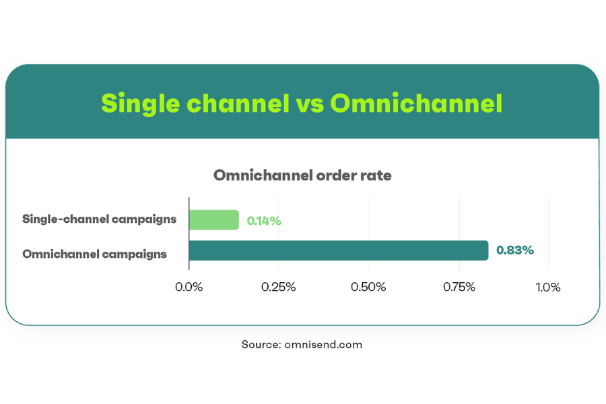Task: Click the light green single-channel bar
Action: coord(214,220)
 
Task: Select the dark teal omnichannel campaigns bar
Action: coord(339,250)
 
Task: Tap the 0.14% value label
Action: coord(264,221)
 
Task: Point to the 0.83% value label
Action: coord(515,250)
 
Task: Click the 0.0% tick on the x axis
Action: coord(189,287)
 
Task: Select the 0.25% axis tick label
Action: coord(278,287)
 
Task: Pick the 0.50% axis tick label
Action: coord(368,287)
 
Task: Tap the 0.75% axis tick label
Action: coord(459,287)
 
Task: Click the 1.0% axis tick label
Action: coord(547,287)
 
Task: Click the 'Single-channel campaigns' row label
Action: coord(100,220)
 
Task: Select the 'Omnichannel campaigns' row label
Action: coord(95,254)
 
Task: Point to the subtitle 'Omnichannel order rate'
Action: coord(302,175)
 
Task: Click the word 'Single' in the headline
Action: coord(141,104)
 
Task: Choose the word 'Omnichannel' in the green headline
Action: coord(416,103)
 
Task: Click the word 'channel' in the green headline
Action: coord(238,103)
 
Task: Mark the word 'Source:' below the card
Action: coord(261,345)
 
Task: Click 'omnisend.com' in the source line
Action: coord(323,345)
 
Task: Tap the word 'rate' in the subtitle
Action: coord(376,176)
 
